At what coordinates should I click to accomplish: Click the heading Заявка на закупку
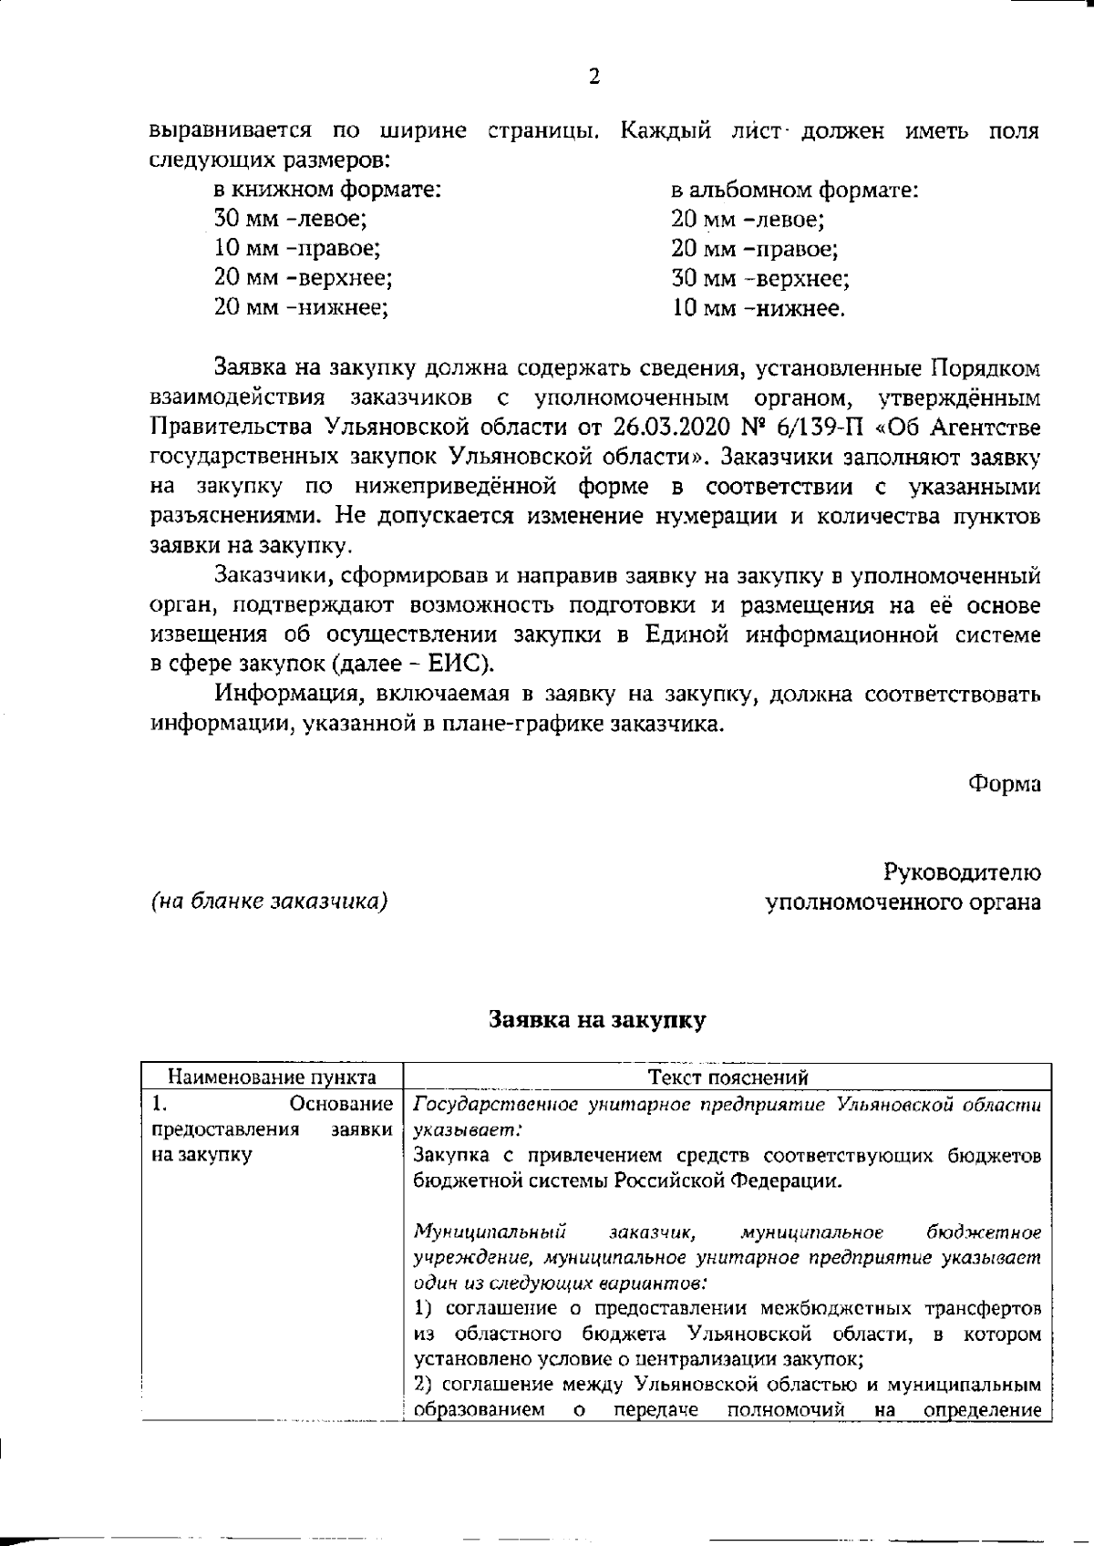(597, 1020)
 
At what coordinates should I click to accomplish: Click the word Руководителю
(962, 872)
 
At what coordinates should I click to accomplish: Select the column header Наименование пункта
(273, 1077)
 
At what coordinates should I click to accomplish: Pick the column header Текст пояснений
(728, 1077)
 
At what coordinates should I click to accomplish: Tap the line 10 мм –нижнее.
(759, 308)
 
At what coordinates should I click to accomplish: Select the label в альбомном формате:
(794, 191)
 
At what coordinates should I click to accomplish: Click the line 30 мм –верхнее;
(760, 279)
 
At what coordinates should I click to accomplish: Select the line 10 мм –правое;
(297, 249)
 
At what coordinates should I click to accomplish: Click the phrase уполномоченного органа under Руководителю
(903, 902)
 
